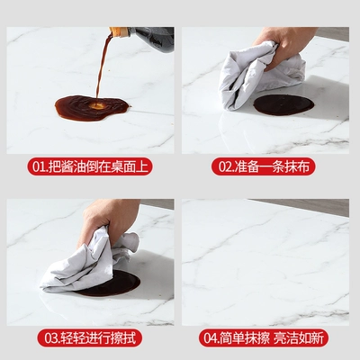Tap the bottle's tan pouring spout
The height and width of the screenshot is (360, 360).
[120, 31]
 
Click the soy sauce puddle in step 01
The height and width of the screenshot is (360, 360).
[92, 108]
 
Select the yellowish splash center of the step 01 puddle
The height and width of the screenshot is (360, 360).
[98, 105]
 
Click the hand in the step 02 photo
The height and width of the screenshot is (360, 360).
[285, 43]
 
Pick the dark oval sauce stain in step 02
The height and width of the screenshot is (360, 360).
[283, 105]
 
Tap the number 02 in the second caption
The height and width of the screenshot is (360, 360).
[225, 166]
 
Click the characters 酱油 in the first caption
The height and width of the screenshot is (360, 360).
[73, 166]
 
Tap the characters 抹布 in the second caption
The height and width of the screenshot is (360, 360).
[297, 166]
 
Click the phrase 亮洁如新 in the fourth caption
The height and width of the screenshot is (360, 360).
[299, 338]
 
